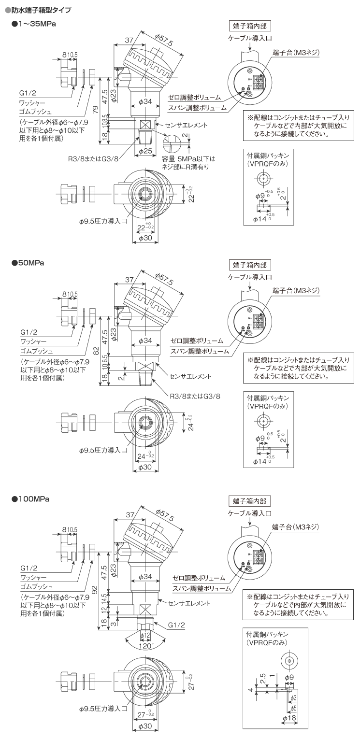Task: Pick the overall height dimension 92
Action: (96, 589)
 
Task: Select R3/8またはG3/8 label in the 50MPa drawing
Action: (195, 396)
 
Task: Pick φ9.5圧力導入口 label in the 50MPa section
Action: (103, 450)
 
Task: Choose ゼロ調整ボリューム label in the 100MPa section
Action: (199, 578)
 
